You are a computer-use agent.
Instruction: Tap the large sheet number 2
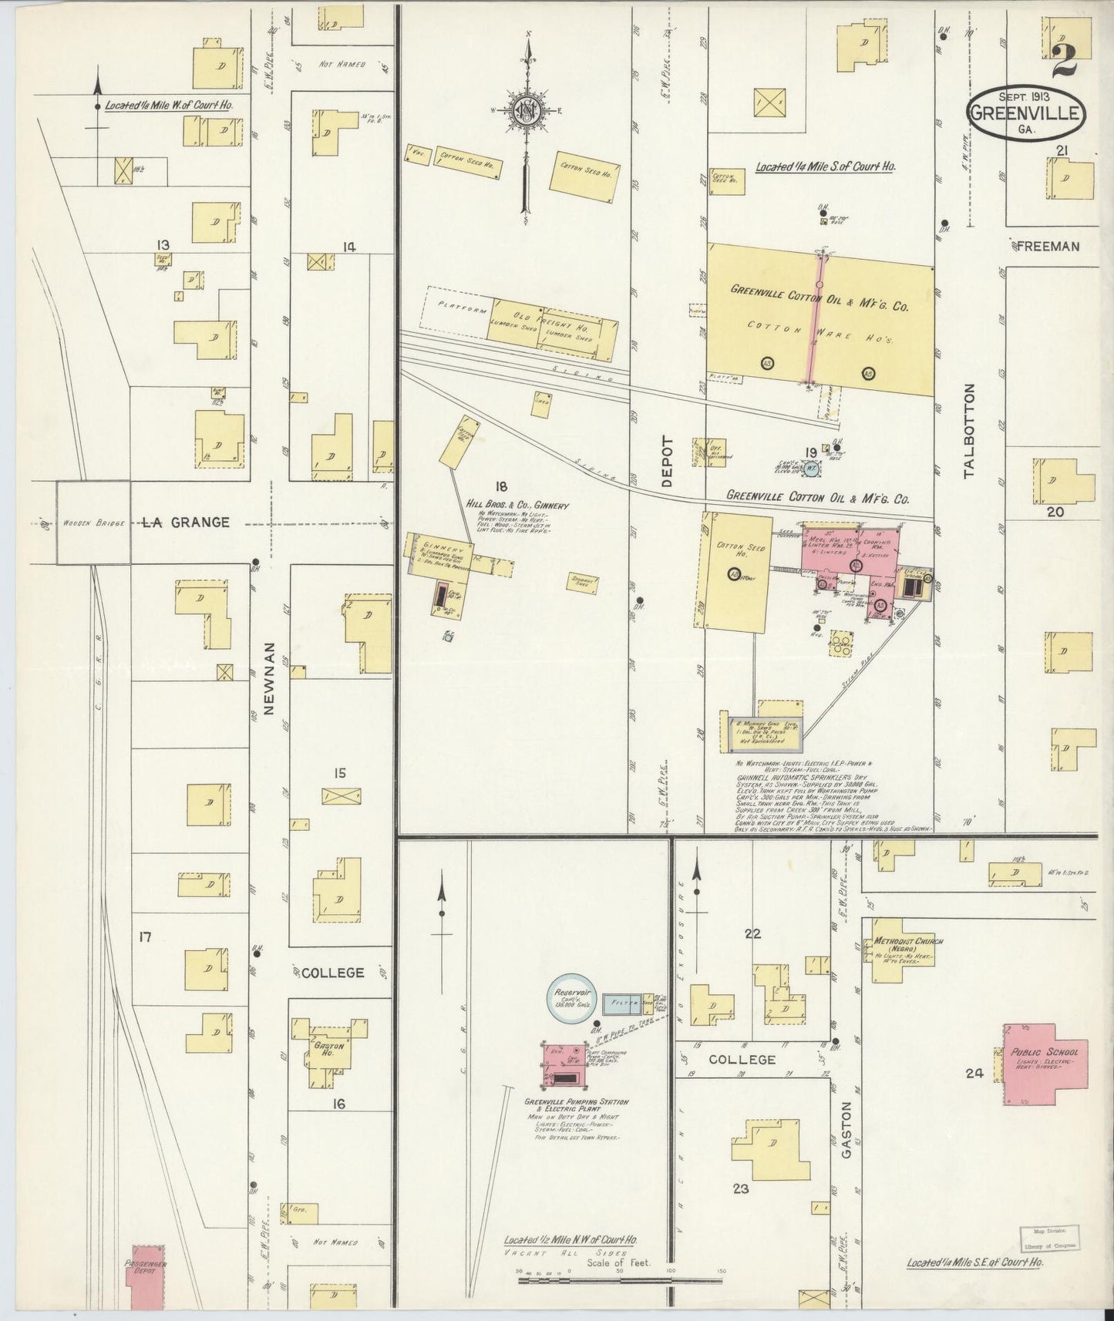click(x=1065, y=59)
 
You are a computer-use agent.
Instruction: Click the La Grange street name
click(x=187, y=523)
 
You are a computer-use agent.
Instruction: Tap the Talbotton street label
click(x=969, y=431)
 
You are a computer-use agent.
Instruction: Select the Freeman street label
click(x=1048, y=247)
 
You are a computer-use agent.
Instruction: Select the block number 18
click(x=501, y=486)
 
